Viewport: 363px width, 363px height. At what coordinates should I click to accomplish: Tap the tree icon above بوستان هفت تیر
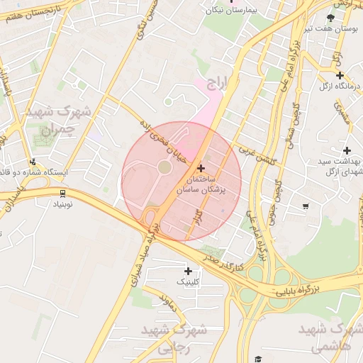[x=330, y=18]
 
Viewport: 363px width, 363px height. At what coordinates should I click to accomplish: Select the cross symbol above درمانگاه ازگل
[x=340, y=75]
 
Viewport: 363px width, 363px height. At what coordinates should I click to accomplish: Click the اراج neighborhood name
[x=219, y=85]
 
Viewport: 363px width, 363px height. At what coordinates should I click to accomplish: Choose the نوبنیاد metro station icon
[x=62, y=192]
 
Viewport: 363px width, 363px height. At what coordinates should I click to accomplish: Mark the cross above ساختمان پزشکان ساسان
[x=202, y=169]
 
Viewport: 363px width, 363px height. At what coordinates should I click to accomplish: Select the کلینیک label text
[x=188, y=281]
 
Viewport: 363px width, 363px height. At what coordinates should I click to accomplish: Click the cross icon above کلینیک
[x=188, y=271]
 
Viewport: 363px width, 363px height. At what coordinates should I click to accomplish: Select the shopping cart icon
[x=306, y=206]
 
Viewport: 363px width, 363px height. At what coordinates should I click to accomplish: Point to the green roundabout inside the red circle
[x=164, y=167]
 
